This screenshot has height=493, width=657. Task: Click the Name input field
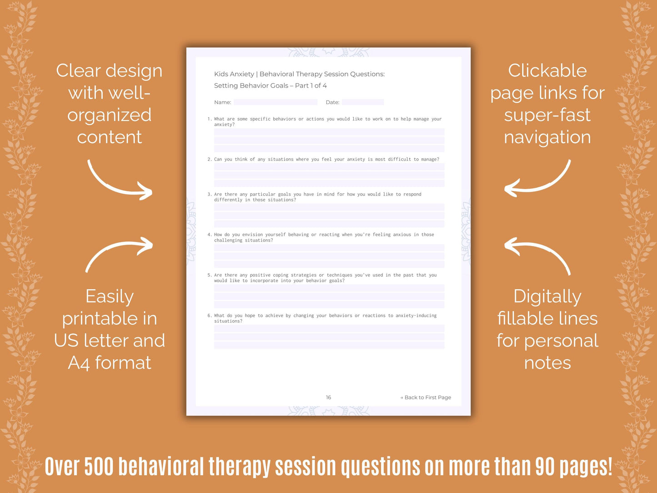tap(275, 102)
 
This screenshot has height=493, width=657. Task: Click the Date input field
tap(362, 102)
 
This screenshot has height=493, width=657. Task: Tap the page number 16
tap(328, 397)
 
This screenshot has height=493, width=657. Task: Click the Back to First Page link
tap(426, 397)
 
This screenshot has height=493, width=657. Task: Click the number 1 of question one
tap(209, 119)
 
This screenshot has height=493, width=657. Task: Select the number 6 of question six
tap(209, 316)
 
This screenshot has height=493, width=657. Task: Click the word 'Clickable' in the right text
tap(547, 71)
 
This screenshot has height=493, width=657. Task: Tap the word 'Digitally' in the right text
tap(547, 297)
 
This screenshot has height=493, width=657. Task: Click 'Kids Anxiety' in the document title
tap(234, 74)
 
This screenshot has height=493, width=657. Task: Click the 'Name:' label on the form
tap(222, 102)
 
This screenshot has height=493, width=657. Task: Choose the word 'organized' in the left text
tap(109, 115)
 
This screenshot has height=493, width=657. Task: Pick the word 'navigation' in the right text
tap(547, 137)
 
